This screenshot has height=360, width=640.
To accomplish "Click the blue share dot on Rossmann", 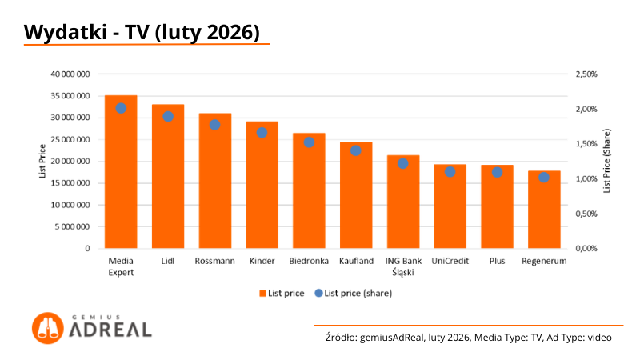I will pos(214,125).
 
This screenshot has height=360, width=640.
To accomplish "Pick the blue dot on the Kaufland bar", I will pos(356,150).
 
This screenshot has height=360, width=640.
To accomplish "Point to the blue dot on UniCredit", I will pos(450,172).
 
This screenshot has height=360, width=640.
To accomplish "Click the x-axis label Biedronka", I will pos(309,262).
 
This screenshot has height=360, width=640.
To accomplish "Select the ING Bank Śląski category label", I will pos(403,266).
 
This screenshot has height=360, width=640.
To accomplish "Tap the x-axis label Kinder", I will pos(262,262).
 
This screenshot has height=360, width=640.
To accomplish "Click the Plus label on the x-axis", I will pos(497,262).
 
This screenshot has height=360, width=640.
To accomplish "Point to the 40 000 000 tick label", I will pos(70,74).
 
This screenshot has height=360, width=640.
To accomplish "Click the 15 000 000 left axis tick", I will pos(70,183).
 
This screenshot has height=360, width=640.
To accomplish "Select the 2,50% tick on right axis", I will pos(586,74).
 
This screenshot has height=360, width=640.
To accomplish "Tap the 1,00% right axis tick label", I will pos(586,178).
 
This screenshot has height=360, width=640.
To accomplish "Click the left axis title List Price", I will pos(42,161).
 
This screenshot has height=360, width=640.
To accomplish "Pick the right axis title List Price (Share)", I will pos(606,161).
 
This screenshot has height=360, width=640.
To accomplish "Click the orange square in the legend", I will pos(262,294).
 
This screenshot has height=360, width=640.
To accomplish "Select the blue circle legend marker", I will pos(318,294).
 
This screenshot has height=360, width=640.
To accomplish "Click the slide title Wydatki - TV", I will pos(142,32).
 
